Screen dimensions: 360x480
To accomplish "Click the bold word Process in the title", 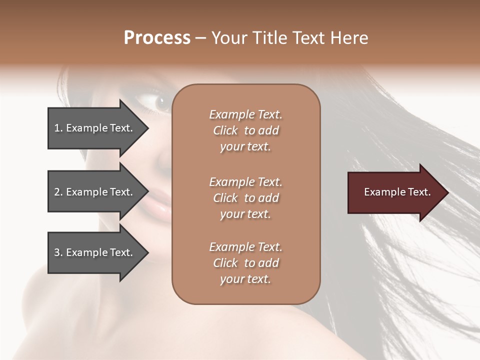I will [157, 38].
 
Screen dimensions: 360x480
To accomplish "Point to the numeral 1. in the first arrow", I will [58, 128].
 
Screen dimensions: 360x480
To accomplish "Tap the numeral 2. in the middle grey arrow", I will [58, 192].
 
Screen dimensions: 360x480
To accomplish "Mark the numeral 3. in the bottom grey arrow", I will [58, 252].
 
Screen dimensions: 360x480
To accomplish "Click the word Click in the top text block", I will [225, 130].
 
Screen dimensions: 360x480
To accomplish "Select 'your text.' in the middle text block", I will [245, 214].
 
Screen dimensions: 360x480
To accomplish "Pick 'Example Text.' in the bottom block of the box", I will [245, 247].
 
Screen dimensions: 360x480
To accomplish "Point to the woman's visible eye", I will [160, 102].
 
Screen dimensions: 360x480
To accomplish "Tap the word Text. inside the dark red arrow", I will [419, 192].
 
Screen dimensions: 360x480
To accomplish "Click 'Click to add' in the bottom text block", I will [245, 263].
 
